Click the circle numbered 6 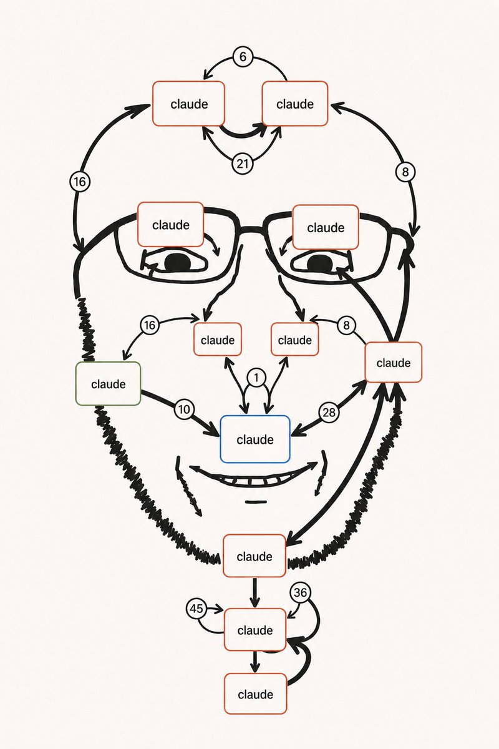[243, 57]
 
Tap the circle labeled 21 [243, 164]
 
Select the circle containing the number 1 [256, 378]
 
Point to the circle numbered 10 [184, 409]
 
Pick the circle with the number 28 [329, 413]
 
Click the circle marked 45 [196, 609]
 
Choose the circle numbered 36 [300, 593]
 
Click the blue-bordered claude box [255, 439]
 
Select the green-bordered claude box [108, 384]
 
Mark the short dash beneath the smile [256, 502]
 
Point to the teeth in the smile [254, 481]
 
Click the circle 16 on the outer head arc [80, 182]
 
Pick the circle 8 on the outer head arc [405, 172]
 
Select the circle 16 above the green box [150, 325]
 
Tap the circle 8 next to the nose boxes [346, 325]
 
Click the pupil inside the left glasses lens [178, 263]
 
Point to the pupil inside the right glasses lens [320, 263]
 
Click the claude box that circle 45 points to [255, 630]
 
